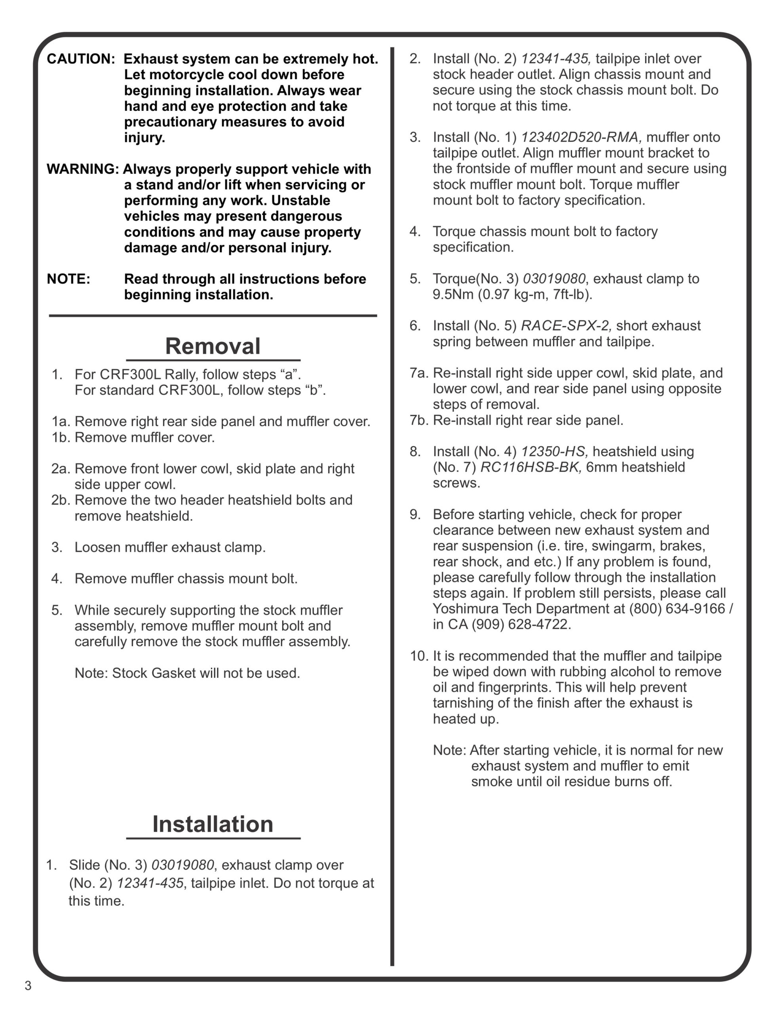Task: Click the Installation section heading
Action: point(213,824)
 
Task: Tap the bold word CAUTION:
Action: point(81,59)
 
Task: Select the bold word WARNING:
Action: point(83,169)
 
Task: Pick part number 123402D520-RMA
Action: point(581,137)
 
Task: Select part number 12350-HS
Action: point(555,451)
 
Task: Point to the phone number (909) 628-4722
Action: point(521,624)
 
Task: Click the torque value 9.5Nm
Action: point(453,294)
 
